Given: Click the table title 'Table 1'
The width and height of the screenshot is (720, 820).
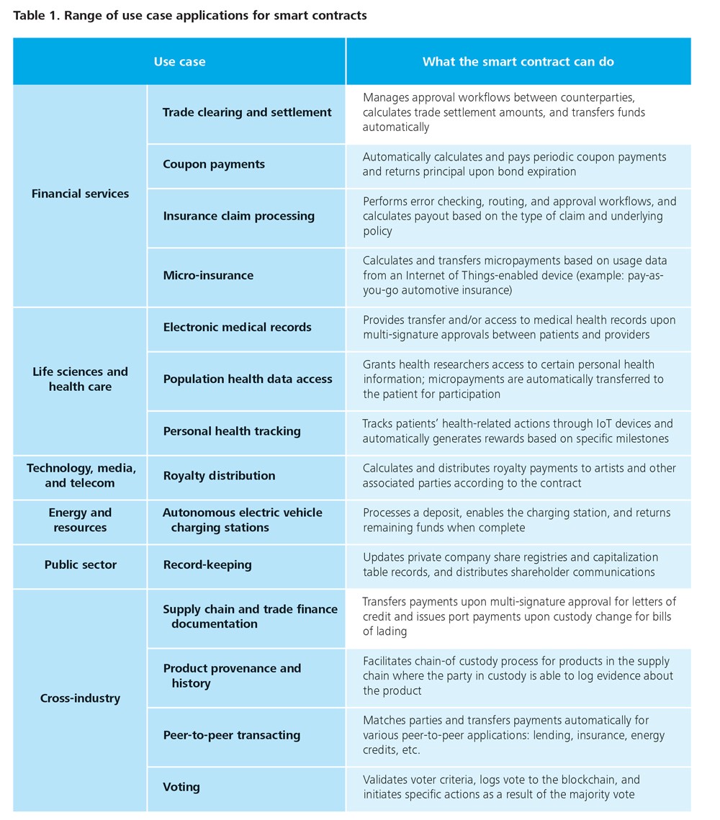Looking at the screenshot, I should [x=189, y=15].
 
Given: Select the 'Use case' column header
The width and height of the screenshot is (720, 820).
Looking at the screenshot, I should [x=179, y=62].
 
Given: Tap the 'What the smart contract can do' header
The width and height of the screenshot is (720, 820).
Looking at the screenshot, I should [x=518, y=62].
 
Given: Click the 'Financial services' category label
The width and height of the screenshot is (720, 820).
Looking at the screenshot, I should [x=80, y=194].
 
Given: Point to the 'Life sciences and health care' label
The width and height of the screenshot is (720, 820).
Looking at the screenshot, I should [x=80, y=379].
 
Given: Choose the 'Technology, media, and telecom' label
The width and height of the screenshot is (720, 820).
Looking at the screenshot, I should [x=80, y=476].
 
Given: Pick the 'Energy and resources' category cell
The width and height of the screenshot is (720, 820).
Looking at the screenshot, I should [x=80, y=521].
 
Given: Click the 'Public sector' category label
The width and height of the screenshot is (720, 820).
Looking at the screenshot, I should [x=80, y=565].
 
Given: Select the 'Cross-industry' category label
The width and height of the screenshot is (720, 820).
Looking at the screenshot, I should [x=80, y=698].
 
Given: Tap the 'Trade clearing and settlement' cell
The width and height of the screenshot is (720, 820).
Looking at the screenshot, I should [x=247, y=112].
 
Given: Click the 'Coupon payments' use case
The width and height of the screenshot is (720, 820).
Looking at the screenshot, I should [x=214, y=164].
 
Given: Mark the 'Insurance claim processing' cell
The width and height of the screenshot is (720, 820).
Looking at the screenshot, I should [x=238, y=216].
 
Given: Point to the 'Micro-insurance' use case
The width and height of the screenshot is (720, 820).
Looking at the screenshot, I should [x=208, y=275].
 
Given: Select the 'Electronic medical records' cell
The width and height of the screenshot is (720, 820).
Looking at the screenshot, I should [x=237, y=327].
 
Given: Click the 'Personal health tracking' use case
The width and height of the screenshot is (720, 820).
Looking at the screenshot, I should [x=232, y=431].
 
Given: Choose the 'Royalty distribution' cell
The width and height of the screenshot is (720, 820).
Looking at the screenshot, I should [x=219, y=476].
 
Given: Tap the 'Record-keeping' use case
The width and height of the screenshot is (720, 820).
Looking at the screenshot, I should [x=207, y=565].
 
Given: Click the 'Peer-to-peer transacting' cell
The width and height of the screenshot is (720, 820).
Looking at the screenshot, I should [x=231, y=736].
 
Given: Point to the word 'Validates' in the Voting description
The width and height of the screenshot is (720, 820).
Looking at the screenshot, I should [x=387, y=780].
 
